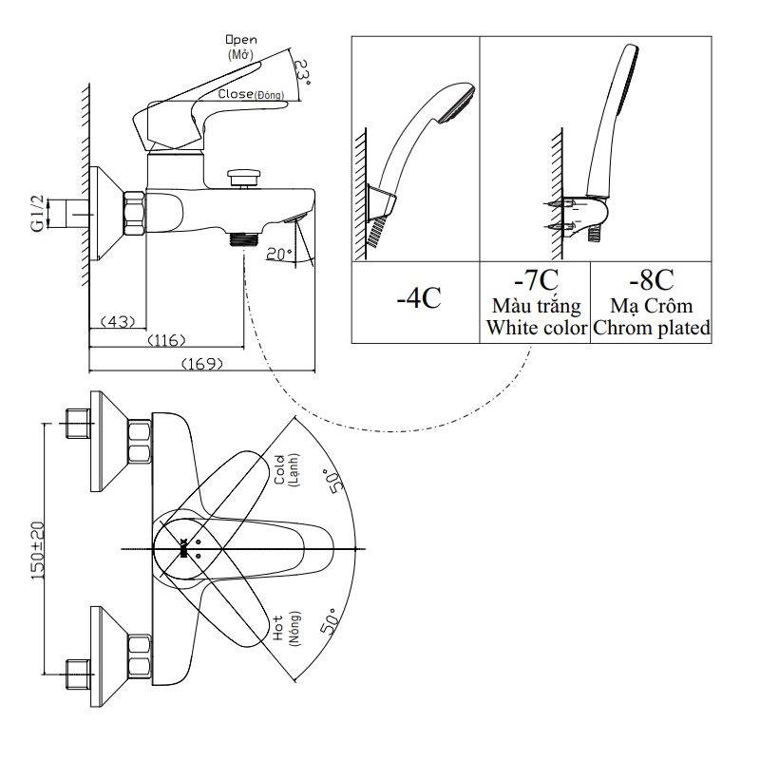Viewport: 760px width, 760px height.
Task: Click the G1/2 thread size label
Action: click(x=37, y=213)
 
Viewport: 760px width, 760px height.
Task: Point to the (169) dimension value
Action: click(x=200, y=363)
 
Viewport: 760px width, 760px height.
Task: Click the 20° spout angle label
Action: click(x=277, y=254)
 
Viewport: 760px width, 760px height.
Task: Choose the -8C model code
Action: click(x=652, y=281)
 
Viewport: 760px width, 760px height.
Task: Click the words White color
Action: click(x=534, y=328)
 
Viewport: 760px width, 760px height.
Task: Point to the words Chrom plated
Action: click(x=652, y=328)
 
